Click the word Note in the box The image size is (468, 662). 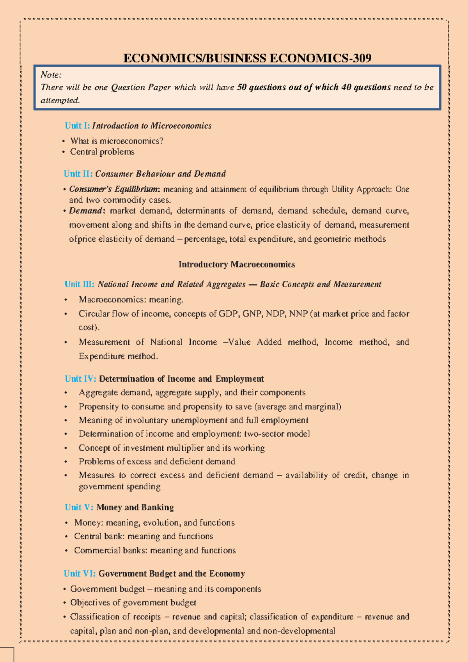50,75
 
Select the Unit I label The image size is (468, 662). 77,126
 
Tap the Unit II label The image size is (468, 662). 78,174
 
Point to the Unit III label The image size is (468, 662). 80,284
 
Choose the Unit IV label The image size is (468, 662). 80,379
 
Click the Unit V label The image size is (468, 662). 79,507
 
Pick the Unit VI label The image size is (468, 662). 80,573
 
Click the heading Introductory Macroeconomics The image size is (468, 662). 237,265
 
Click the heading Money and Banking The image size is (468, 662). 135,507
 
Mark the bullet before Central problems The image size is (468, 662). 64,152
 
